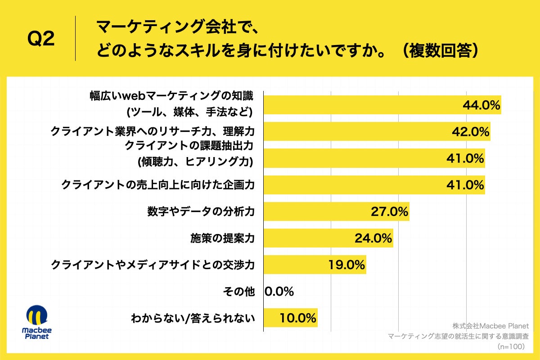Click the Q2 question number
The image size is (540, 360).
41,40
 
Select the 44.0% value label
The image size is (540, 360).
481,105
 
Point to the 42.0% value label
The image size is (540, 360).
470,132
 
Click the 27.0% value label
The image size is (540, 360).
389,211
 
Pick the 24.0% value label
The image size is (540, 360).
373,238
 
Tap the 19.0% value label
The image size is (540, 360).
346,265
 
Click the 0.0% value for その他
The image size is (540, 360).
279,292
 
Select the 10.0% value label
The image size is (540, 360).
297,318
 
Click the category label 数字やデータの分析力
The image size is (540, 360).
201,211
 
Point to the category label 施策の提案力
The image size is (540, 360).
222,238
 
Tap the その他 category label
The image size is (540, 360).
238,292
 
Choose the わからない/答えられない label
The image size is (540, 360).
193,318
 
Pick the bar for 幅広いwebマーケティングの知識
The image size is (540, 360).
360,105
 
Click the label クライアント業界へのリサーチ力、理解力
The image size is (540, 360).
153,132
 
